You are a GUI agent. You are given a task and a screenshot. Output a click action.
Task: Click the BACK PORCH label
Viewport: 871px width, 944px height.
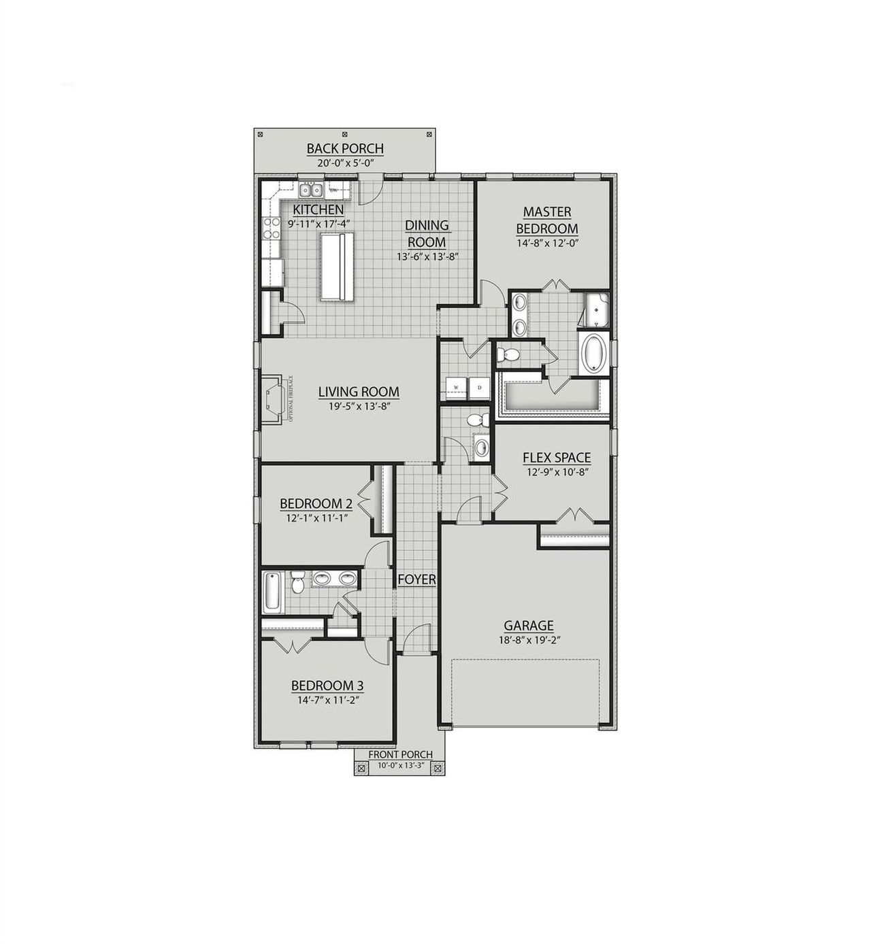click(x=345, y=148)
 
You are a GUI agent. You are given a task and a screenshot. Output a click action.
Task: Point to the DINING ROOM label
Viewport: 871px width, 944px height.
click(x=427, y=233)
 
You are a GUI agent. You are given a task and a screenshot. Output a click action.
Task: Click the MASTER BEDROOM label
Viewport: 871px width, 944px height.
click(x=546, y=220)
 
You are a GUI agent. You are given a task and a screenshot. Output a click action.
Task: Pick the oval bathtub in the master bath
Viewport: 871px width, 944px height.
click(x=593, y=352)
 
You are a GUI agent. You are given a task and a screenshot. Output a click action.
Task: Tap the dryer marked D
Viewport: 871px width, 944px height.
click(x=479, y=388)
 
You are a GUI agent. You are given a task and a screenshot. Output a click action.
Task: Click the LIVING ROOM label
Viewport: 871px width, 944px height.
click(x=359, y=392)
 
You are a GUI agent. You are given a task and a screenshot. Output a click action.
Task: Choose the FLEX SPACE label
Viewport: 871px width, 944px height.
click(x=557, y=458)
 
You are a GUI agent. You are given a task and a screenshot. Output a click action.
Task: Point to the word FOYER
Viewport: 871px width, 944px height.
click(x=416, y=579)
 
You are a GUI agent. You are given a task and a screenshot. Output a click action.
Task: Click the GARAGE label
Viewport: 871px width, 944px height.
click(x=528, y=626)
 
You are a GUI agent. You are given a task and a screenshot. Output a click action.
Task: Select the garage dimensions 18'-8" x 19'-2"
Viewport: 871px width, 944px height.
click(x=528, y=640)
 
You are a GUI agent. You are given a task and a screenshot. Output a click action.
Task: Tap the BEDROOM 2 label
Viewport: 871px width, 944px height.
click(x=316, y=504)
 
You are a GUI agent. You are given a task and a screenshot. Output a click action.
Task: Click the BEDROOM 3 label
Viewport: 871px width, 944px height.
click(x=323, y=686)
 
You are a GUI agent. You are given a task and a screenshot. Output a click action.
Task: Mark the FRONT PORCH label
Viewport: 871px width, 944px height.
click(x=400, y=754)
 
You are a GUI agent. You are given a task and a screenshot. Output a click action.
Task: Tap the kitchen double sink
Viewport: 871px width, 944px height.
click(x=312, y=190)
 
